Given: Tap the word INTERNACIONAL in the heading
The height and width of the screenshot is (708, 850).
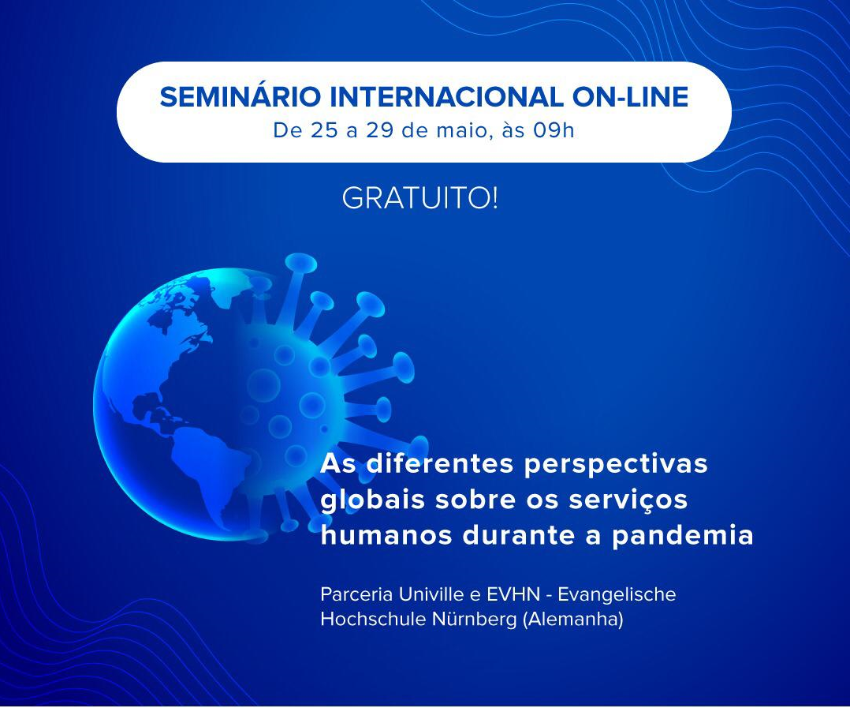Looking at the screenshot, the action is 446,96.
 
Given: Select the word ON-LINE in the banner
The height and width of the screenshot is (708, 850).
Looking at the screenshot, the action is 631,96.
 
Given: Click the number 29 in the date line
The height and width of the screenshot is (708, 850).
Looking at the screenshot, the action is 378,131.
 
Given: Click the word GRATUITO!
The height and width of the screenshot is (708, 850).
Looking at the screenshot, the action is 419,199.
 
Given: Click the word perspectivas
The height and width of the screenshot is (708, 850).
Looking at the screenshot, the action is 616,466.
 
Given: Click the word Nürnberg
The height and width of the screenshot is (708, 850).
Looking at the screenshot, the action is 475,620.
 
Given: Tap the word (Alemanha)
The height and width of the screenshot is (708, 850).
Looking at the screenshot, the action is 573,620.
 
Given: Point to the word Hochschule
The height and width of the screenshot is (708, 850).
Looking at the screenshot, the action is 373,619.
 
